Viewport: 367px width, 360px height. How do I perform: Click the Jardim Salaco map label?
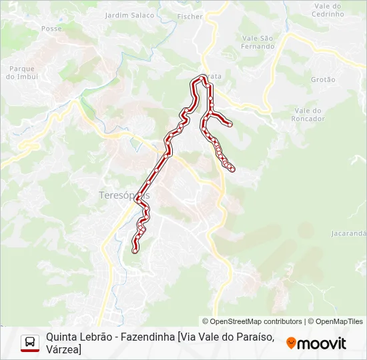point(130,15)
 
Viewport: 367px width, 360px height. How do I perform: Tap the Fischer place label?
point(191,16)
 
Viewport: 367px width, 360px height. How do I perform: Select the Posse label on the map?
point(51,29)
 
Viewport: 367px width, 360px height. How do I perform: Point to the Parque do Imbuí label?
point(22,72)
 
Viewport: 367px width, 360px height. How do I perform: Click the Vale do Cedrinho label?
point(328,10)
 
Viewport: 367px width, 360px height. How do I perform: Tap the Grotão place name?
point(323,79)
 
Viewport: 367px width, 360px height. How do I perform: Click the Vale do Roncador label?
point(309,115)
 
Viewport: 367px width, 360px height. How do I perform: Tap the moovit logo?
point(316,343)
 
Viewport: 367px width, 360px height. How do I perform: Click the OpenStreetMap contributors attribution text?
point(252,321)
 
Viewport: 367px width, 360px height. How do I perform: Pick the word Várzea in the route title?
point(63,349)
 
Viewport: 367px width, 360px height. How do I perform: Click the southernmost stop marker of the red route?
point(135,251)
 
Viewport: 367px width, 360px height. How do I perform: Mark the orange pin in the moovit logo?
point(291,343)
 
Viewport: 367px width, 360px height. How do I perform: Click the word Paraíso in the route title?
point(250,337)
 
